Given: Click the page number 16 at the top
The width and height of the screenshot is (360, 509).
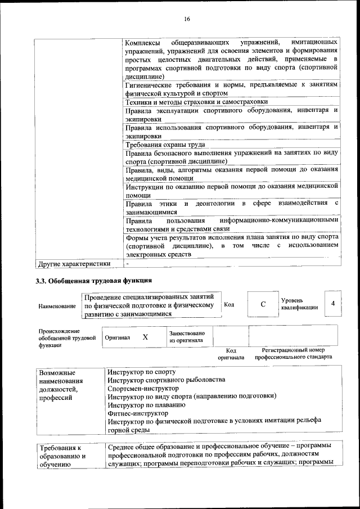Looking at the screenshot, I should pyautogui.click(x=187, y=19).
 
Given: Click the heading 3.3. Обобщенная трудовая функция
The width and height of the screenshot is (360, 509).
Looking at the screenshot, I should pyautogui.click(x=94, y=280).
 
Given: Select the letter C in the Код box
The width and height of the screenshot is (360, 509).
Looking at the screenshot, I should pyautogui.click(x=263, y=304).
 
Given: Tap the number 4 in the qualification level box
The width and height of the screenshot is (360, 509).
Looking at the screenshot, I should pyautogui.click(x=333, y=304).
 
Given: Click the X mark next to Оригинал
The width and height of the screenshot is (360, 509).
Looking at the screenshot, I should pyautogui.click(x=145, y=337).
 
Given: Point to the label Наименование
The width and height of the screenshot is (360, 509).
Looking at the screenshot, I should pyautogui.click(x=57, y=307).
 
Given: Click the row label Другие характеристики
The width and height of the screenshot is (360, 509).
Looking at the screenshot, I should pyautogui.click(x=73, y=263).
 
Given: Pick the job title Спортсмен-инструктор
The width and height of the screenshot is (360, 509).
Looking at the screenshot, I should pyautogui.click(x=143, y=388).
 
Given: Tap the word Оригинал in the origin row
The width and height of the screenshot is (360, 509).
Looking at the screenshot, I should pyautogui.click(x=118, y=338).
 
